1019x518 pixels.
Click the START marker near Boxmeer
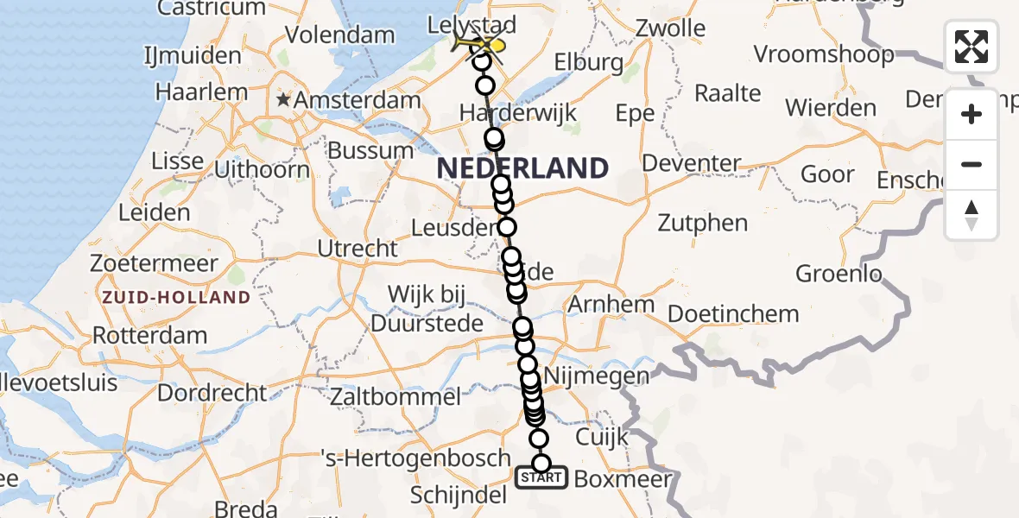tap(541, 477)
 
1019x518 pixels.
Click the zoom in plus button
tap(972, 114)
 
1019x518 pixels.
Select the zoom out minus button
tap(972, 164)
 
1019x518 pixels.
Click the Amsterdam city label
tap(357, 100)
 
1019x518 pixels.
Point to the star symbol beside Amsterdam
tap(283, 100)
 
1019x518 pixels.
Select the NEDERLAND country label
tap(522, 168)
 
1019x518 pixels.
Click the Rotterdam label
tap(149, 335)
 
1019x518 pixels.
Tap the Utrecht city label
tap(358, 249)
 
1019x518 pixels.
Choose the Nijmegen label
tap(610, 376)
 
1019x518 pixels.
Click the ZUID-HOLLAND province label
tap(176, 298)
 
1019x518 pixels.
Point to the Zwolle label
tap(669, 28)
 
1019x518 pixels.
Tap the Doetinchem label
tap(733, 313)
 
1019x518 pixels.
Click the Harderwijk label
tap(517, 113)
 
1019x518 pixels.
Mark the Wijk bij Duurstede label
tap(427, 308)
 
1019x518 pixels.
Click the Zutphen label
tap(702, 223)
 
